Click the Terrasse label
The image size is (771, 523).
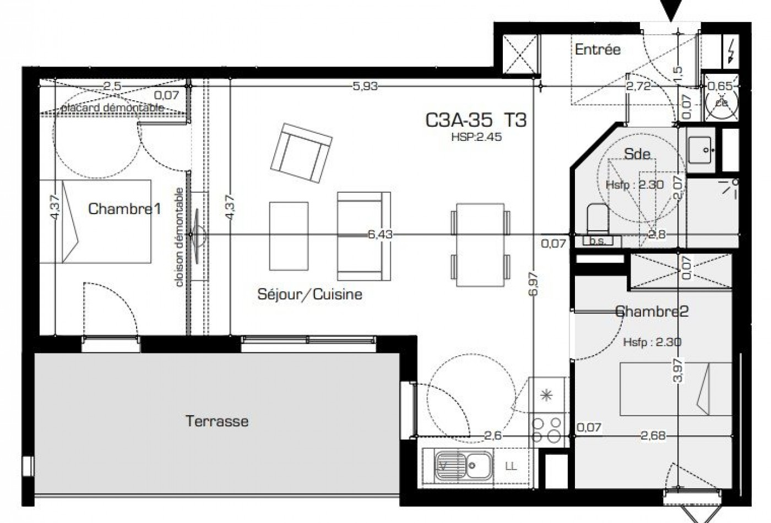click(217, 422)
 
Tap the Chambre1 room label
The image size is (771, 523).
click(124, 209)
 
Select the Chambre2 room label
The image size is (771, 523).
click(652, 312)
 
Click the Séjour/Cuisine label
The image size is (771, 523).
click(310, 294)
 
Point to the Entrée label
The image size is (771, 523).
click(598, 50)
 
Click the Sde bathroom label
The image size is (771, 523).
click(637, 154)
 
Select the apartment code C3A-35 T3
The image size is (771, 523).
click(476, 120)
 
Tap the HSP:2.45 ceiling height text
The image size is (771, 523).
click(476, 138)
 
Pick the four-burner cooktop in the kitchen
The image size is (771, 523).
click(547, 428)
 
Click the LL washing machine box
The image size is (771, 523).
click(511, 467)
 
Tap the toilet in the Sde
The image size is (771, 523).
click(595, 219)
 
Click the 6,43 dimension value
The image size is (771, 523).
click(380, 235)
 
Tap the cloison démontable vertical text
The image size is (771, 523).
click(180, 237)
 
